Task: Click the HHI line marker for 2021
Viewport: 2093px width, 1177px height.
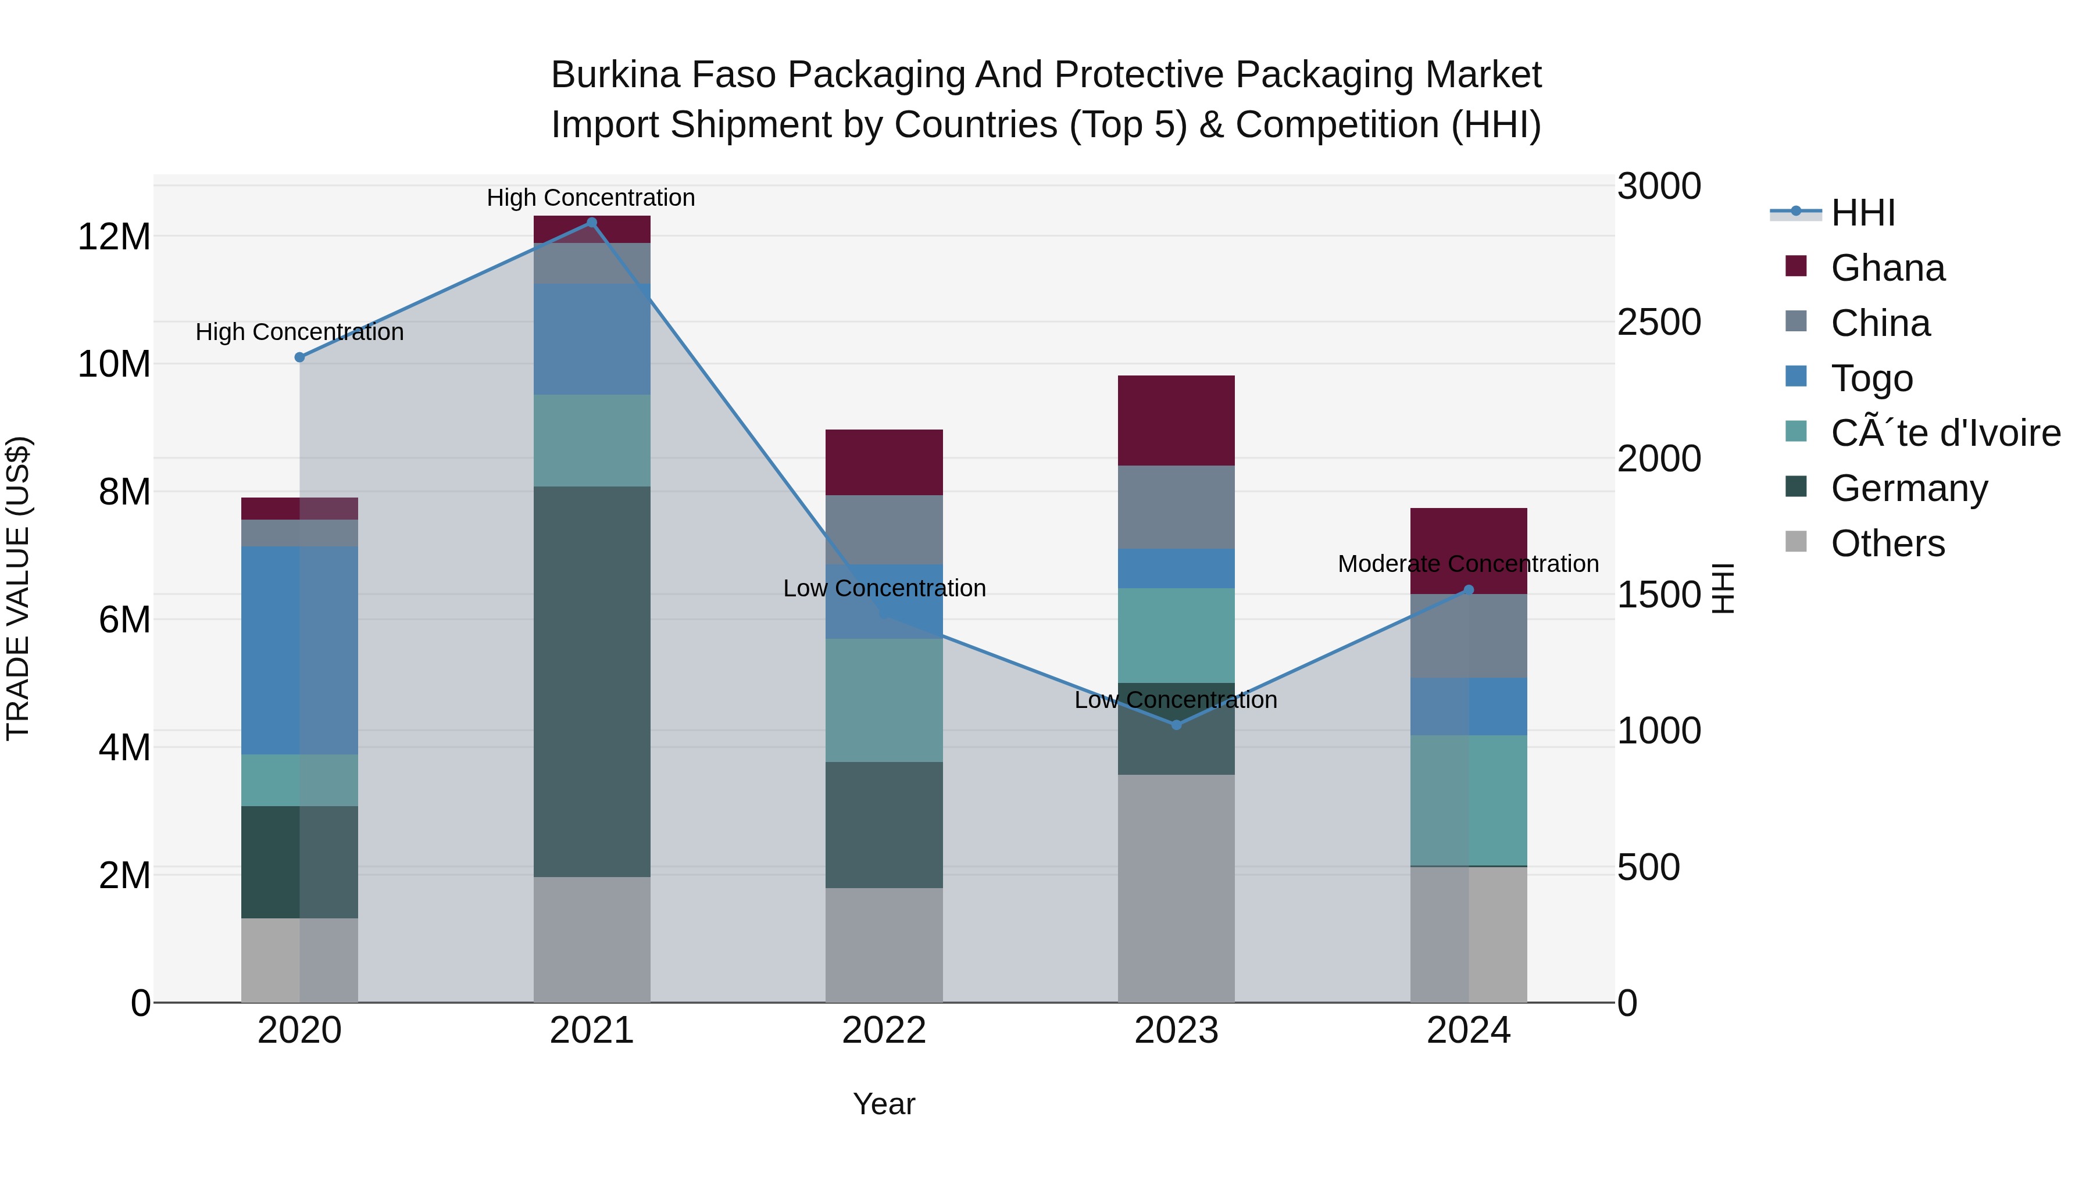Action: tap(591, 223)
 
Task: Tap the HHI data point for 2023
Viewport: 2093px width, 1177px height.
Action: tap(1177, 725)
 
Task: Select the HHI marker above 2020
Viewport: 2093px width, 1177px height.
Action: tap(300, 357)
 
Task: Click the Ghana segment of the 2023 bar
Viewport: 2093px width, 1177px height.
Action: tap(1177, 420)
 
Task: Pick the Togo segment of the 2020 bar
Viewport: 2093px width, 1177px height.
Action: tap(300, 650)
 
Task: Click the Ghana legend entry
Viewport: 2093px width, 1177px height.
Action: tap(1887, 268)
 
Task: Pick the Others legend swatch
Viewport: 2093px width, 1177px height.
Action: tap(1796, 542)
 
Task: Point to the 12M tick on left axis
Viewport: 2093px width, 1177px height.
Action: tap(114, 237)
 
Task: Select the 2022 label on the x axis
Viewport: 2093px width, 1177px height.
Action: tap(884, 1031)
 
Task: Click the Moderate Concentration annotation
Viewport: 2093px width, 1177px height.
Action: tap(1468, 564)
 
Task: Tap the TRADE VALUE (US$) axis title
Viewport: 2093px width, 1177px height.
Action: tap(18, 588)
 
